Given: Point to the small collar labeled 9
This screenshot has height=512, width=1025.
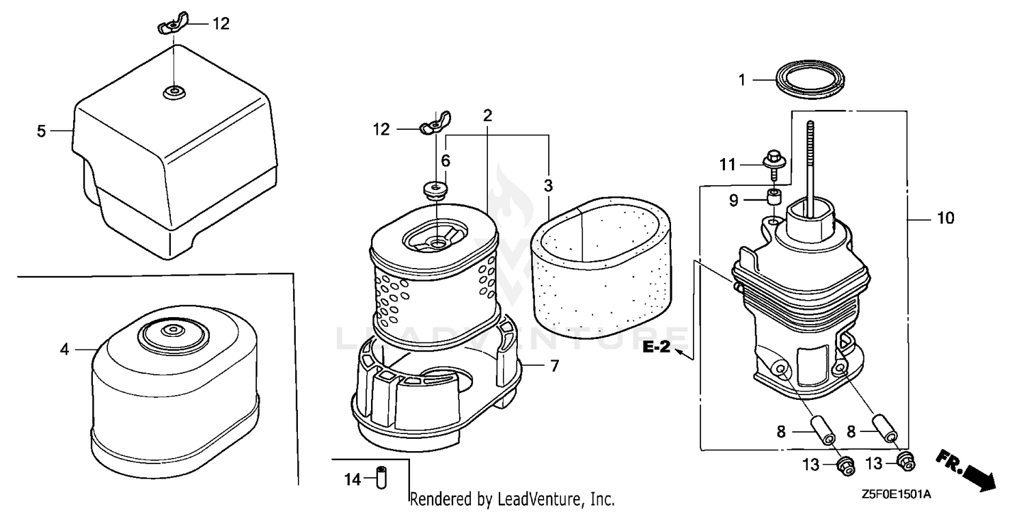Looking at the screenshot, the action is [x=774, y=198].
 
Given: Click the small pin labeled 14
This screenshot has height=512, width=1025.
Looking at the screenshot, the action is [x=381, y=477].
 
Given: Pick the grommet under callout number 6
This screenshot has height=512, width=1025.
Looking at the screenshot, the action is [x=435, y=190].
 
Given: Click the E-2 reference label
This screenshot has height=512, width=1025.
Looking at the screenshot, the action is [x=656, y=347].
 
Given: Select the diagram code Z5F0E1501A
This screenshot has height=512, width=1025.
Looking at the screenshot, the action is [x=896, y=495].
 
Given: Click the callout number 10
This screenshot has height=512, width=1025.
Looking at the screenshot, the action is [x=945, y=218].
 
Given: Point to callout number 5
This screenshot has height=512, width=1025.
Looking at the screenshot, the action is [x=41, y=131].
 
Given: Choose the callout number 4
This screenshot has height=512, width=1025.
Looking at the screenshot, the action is [x=64, y=349].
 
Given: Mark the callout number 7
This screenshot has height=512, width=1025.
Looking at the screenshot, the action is [x=555, y=366].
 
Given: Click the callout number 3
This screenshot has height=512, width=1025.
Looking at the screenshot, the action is [x=548, y=186].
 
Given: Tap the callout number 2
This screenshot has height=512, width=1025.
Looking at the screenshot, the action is [x=487, y=116].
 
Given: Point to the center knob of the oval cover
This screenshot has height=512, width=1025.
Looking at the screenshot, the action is [x=172, y=332].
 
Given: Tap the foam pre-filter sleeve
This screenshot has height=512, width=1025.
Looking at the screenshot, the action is [x=601, y=268].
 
